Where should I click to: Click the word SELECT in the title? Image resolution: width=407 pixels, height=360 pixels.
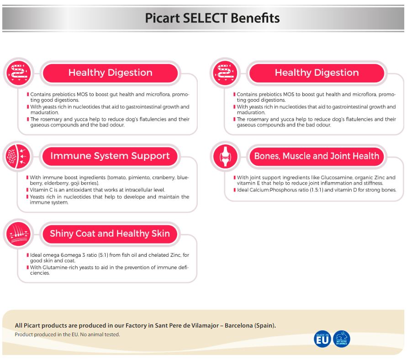pos(205,18)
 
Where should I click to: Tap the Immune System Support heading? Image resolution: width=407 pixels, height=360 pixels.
pos(110,156)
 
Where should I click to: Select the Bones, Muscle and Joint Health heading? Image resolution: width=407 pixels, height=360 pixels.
pos(317,156)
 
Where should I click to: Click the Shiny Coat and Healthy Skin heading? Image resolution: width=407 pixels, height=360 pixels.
pos(110,233)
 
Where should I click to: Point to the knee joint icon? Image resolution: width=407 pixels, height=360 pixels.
pos(225,156)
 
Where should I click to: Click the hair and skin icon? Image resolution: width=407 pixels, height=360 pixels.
pos(18,234)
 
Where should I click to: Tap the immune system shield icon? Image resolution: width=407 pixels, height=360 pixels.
pos(18,156)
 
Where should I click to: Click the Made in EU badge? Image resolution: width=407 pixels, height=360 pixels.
pos(322,339)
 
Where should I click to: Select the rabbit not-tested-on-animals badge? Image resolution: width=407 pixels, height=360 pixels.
pos(342,339)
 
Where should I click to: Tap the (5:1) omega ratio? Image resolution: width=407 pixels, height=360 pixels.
pos(103,255)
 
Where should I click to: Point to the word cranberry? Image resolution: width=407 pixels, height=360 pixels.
pos(164,178)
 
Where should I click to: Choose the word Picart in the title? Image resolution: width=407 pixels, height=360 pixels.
pos(162,18)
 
